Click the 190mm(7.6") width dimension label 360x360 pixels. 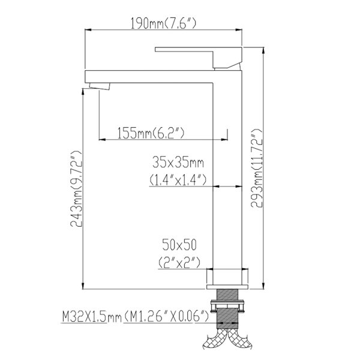(163, 23)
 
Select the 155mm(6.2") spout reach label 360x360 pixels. (151, 133)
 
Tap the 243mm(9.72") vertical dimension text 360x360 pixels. (76, 189)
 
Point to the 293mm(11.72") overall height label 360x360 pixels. (256, 168)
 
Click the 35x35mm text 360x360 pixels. (178, 163)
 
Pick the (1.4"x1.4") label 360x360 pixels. (178, 179)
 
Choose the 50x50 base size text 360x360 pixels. (179, 245)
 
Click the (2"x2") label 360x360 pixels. (179, 262)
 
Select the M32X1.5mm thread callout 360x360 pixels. (92, 317)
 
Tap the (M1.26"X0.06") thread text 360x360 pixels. (166, 317)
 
